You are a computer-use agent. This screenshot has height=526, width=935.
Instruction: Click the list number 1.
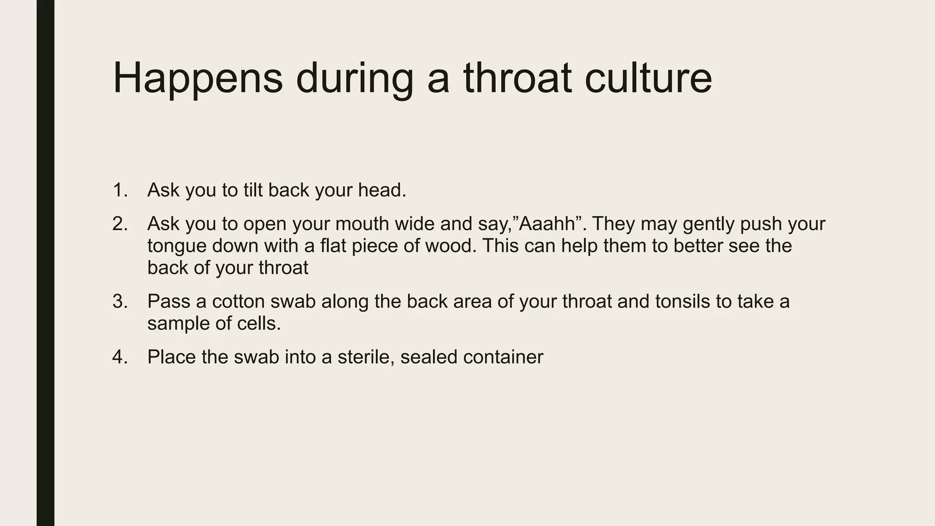click(x=120, y=190)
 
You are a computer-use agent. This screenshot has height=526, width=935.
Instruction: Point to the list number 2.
click(x=120, y=224)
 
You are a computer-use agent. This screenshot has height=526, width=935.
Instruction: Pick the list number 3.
click(x=120, y=301)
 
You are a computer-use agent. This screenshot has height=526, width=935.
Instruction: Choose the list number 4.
click(x=120, y=357)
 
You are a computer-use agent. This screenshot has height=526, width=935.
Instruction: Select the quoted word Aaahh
click(x=546, y=224)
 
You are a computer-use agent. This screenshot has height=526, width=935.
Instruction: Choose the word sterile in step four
click(x=365, y=357)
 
